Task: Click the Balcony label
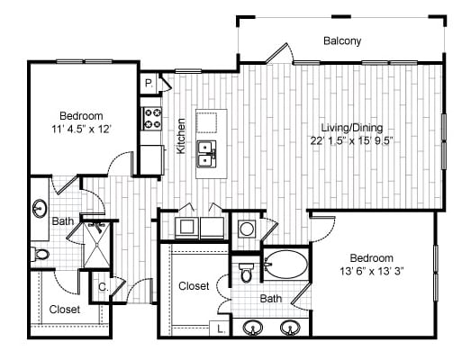(x=342, y=40)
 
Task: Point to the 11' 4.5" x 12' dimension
(x=81, y=130)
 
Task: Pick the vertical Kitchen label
(x=181, y=136)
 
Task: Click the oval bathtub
(x=285, y=267)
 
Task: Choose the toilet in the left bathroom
(x=40, y=254)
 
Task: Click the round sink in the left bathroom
(x=41, y=210)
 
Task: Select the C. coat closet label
(x=104, y=288)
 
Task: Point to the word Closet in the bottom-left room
(x=64, y=310)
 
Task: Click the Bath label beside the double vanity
(x=270, y=298)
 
